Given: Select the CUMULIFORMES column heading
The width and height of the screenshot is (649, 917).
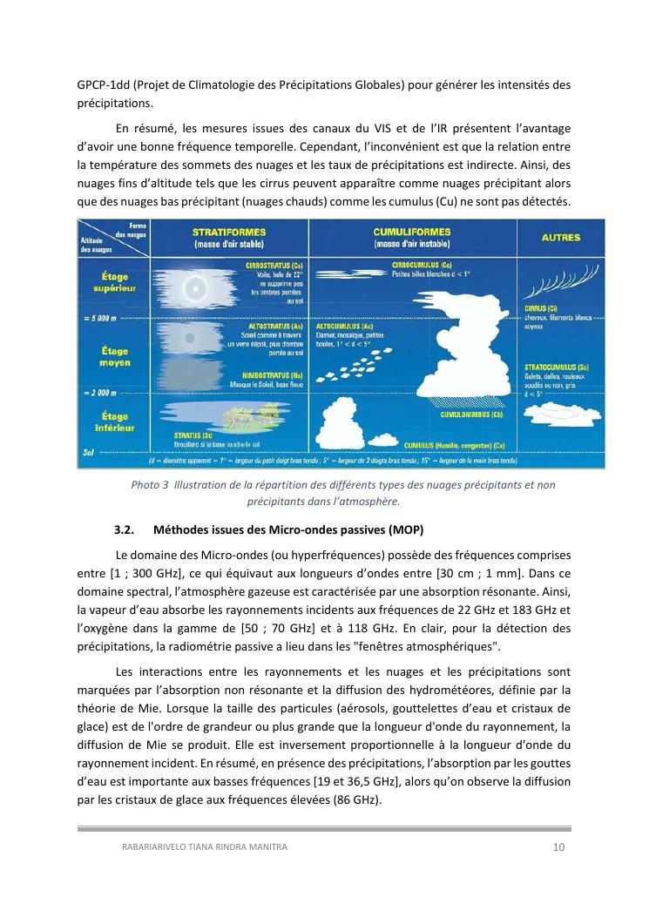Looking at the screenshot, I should [x=411, y=233].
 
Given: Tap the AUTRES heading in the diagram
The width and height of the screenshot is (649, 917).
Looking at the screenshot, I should [x=549, y=237].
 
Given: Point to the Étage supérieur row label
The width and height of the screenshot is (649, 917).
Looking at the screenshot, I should [x=115, y=282].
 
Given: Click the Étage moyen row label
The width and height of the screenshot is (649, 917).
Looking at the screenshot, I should [x=115, y=356].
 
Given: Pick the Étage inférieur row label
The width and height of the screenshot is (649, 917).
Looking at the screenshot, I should [x=115, y=422].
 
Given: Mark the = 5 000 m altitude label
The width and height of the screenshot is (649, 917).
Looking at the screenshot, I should [x=98, y=319].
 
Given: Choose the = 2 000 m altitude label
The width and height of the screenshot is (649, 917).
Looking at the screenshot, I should [x=98, y=393].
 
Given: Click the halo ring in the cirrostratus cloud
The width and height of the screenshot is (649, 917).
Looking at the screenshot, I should [x=195, y=287].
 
